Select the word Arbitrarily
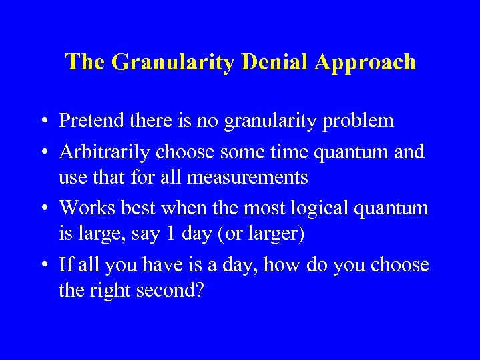pyautogui.click(x=105, y=152)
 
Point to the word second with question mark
pyautogui.click(x=173, y=291)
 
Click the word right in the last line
pyautogui.click(x=116, y=291)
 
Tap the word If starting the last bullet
pyautogui.click(x=65, y=264)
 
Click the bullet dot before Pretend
pyautogui.click(x=42, y=121)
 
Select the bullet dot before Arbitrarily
pyautogui.click(x=42, y=152)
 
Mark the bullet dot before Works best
pyautogui.click(x=42, y=208)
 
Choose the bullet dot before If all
pyautogui.click(x=42, y=265)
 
